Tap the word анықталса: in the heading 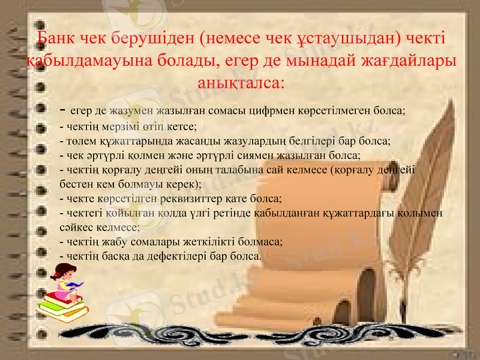pyautogui.click(x=240, y=82)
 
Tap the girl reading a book pyautogui.click(x=63, y=284)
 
